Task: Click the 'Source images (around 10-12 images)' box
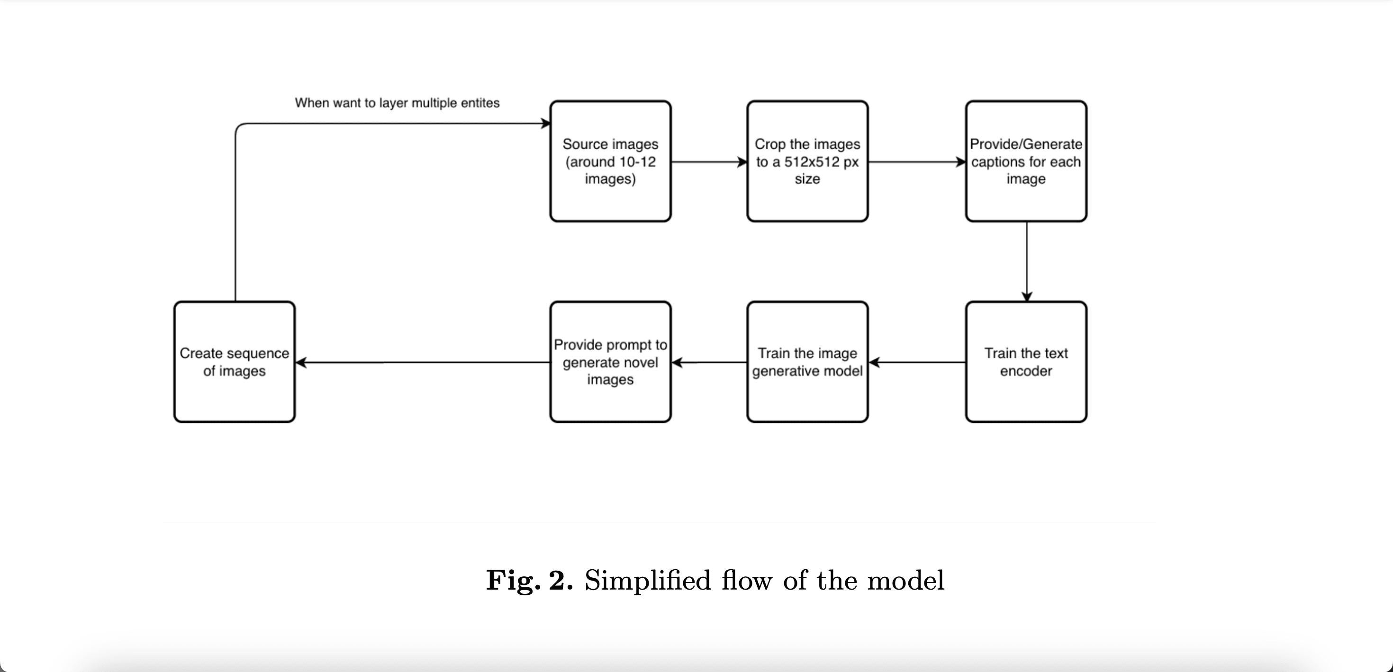pos(610,161)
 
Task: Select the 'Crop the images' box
pos(807,161)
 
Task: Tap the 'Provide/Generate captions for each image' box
pos(1026,161)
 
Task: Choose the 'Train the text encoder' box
pos(1026,362)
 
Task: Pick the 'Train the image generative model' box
pos(807,362)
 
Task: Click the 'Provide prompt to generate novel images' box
pos(610,362)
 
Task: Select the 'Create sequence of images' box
pos(234,362)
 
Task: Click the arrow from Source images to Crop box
pos(708,161)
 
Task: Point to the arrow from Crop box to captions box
pos(917,161)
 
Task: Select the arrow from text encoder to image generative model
pos(917,362)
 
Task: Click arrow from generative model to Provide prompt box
pos(708,362)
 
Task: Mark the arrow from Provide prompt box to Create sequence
pos(422,362)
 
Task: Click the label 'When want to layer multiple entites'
pos(397,103)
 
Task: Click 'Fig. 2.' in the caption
pos(529,580)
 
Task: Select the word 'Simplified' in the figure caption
pos(647,580)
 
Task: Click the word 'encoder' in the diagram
pos(1026,371)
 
